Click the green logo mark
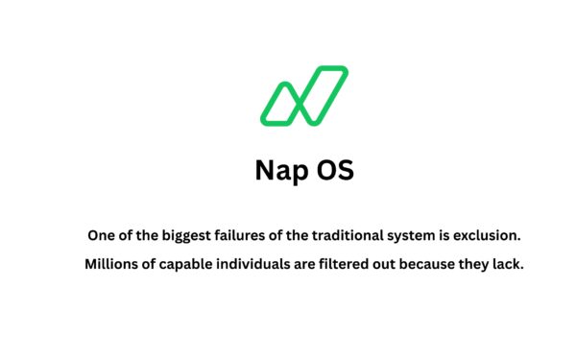tap(303, 96)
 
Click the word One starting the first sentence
tap(101, 234)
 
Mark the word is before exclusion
tap(449, 234)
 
